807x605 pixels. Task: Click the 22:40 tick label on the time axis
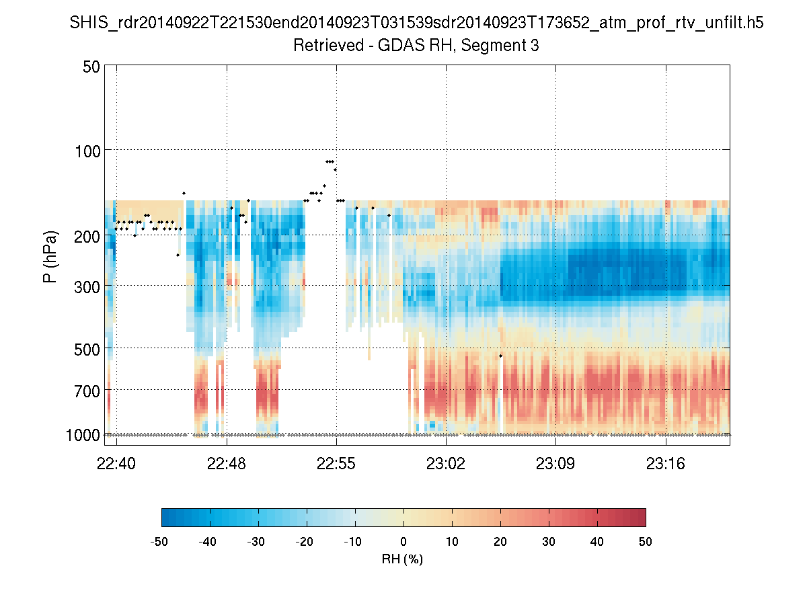point(116,463)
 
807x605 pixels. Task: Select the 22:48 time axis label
point(227,463)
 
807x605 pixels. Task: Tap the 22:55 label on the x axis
point(336,463)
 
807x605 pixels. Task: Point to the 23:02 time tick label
point(446,463)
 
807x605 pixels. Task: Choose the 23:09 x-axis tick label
point(556,463)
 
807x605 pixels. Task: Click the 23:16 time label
point(666,463)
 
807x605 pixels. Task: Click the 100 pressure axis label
point(87,149)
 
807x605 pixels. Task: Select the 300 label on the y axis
point(87,286)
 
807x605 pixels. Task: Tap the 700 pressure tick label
point(87,390)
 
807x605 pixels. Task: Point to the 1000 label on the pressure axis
point(83,435)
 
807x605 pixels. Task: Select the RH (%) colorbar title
point(403,559)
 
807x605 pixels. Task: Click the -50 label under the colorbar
point(159,542)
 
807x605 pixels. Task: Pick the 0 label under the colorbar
point(403,542)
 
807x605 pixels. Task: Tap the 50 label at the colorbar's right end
point(646,542)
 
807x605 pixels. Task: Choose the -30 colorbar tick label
point(256,542)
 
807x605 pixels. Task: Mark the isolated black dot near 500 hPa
point(500,355)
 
